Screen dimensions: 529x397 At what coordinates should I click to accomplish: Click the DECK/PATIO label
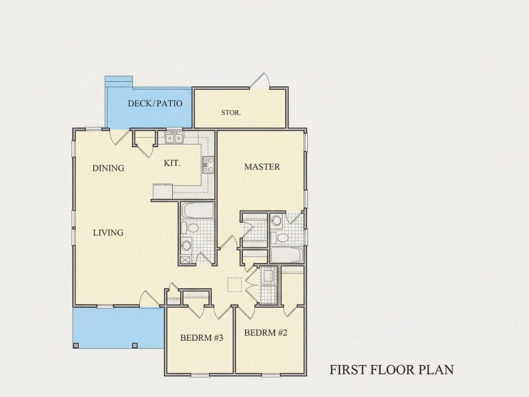[155, 103]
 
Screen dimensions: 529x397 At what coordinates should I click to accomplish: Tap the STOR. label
[231, 113]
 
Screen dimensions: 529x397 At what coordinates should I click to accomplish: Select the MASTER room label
[262, 167]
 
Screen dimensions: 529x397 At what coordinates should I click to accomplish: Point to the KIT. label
[172, 164]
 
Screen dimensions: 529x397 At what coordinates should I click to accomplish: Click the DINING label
[108, 168]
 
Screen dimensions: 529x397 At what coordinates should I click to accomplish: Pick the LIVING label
[108, 232]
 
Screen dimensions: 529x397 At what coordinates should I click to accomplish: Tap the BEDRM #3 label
[202, 338]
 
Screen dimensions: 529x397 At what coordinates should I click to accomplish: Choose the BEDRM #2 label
[265, 333]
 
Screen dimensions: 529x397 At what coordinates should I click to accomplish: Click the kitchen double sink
[174, 138]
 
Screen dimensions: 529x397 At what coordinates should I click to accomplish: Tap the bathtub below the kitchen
[198, 210]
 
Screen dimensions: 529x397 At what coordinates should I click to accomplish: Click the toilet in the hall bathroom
[191, 228]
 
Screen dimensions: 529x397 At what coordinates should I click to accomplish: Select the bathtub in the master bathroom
[287, 255]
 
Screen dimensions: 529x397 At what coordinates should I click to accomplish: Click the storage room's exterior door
[260, 81]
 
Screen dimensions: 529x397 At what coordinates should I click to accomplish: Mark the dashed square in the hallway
[235, 284]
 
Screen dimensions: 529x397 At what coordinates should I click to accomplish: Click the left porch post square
[76, 346]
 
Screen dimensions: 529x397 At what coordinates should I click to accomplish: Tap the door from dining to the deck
[120, 137]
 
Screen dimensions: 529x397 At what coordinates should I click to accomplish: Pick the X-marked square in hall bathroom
[185, 259]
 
